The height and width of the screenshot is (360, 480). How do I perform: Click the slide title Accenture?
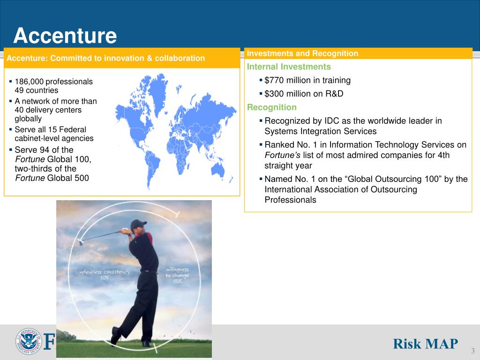[x=65, y=36]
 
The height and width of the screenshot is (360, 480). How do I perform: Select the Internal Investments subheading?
[x=289, y=67]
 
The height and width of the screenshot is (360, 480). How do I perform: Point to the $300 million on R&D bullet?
[x=304, y=94]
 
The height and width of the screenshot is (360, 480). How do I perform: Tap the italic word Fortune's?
[x=283, y=155]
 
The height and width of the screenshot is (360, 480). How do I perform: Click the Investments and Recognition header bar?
[x=358, y=53]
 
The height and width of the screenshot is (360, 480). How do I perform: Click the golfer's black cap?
[x=138, y=224]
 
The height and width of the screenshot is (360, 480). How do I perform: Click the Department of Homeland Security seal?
[x=28, y=341]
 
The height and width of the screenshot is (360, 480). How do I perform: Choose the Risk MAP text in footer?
[x=425, y=344]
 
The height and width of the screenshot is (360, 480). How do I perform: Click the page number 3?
[x=472, y=352]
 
